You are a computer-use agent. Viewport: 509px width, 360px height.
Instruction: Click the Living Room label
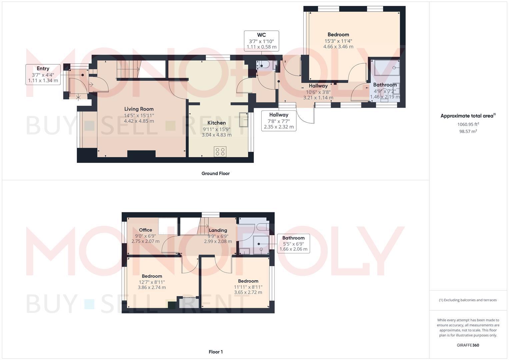pyautogui.click(x=139, y=109)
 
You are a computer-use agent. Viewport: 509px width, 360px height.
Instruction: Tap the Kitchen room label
pyautogui.click(x=216, y=123)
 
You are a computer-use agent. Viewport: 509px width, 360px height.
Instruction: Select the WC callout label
pyautogui.click(x=261, y=35)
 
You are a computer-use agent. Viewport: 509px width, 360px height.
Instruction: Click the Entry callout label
pyautogui.click(x=43, y=69)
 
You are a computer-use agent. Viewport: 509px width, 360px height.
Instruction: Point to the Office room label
pyautogui.click(x=145, y=230)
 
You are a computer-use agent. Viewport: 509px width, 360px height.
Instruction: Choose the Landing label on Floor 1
pyautogui.click(x=218, y=230)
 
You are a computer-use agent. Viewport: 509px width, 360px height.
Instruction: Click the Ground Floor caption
pyautogui.click(x=215, y=173)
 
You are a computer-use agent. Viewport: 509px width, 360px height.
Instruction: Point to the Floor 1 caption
pyautogui.click(x=215, y=352)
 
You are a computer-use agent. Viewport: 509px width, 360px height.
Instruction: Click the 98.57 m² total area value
pyautogui.click(x=468, y=131)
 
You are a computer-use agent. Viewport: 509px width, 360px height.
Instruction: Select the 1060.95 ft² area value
pyautogui.click(x=468, y=124)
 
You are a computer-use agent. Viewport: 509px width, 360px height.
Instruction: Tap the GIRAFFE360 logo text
pyautogui.click(x=468, y=345)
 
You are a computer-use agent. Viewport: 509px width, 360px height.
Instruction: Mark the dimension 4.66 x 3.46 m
pyautogui.click(x=338, y=47)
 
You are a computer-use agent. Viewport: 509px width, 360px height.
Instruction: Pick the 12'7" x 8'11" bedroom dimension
pyautogui.click(x=152, y=282)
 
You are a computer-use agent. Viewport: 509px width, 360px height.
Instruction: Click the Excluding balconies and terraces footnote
pyautogui.click(x=468, y=300)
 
